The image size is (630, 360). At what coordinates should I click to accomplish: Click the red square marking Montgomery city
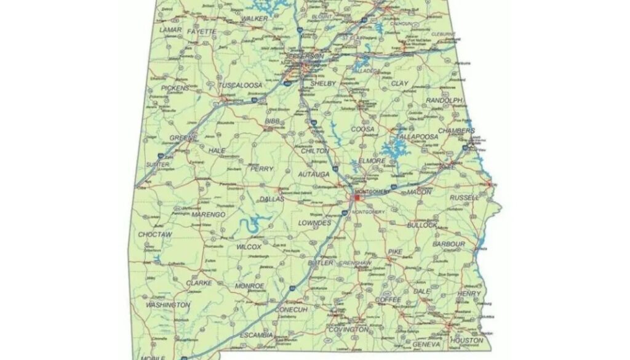pos(357,198)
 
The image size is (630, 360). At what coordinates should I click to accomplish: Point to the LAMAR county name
pos(170,30)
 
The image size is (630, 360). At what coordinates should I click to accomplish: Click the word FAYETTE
pos(202,31)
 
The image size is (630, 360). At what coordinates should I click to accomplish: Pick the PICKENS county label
pos(175,88)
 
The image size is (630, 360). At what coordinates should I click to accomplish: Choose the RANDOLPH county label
pos(444,100)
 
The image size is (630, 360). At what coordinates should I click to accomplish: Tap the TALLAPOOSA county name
pos(417,137)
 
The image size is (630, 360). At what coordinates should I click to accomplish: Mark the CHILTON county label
pos(315,151)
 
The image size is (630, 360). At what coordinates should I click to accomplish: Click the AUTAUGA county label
pos(314,175)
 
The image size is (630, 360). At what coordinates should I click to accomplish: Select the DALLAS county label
pos(272,199)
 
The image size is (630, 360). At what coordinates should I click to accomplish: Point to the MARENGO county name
pos(209,215)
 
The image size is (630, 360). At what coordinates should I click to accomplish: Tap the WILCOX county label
pos(249,247)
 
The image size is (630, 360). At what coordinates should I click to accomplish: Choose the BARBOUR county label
pos(449,244)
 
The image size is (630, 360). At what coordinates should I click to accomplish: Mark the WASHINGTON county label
pos(167,305)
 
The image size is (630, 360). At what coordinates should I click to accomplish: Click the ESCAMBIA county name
pos(256,335)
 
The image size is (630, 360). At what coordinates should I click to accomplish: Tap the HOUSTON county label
pos(466,340)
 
